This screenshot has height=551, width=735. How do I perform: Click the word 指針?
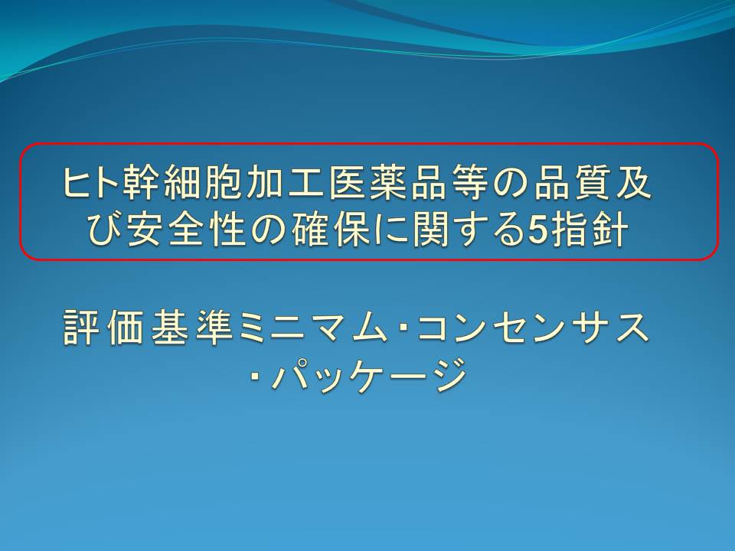[590, 231]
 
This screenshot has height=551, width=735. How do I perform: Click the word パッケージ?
[371, 374]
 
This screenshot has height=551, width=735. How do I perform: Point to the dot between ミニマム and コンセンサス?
[403, 329]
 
